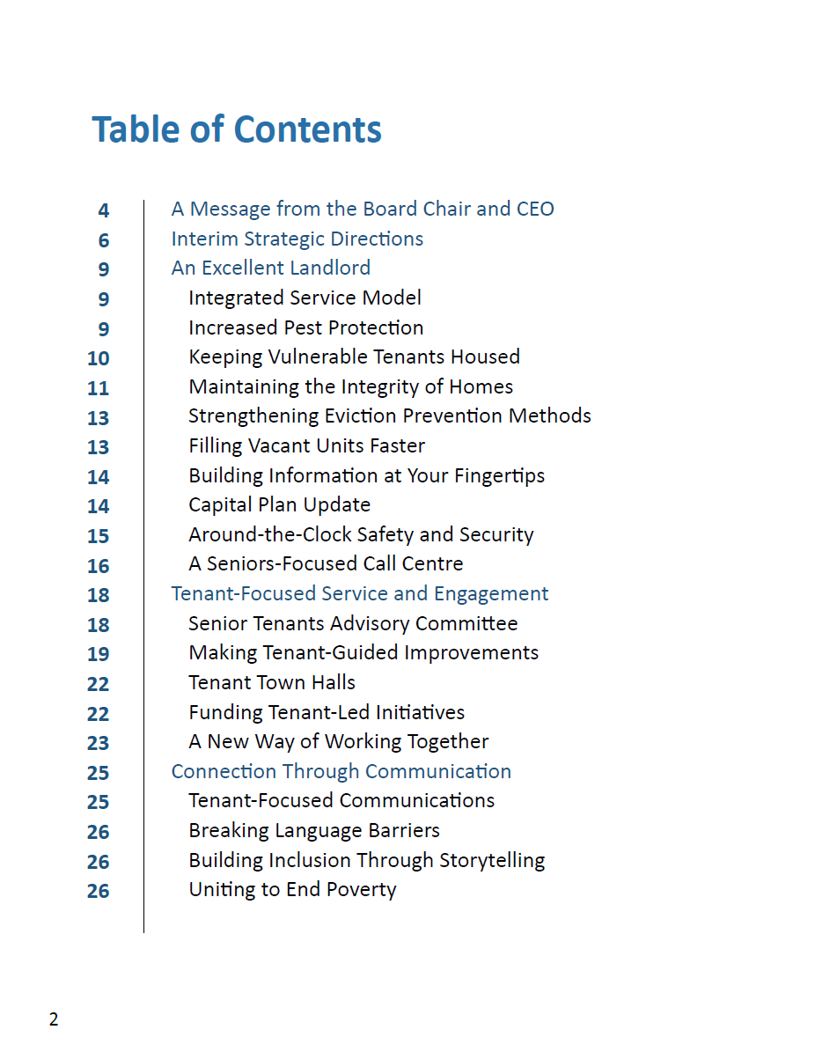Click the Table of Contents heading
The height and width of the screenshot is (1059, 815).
point(237,129)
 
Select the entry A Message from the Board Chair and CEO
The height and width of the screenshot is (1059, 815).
point(363,210)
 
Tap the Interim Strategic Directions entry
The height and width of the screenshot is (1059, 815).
point(297,239)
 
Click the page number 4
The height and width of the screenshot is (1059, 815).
point(104,211)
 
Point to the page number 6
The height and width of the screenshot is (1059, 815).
point(104,240)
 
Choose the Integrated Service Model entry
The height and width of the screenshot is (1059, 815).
point(305,298)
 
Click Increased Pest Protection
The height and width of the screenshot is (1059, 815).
point(305,327)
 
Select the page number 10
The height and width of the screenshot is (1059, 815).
point(99,358)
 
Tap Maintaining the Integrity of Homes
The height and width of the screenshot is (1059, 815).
point(350,386)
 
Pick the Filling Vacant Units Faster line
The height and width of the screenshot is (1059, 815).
point(306,446)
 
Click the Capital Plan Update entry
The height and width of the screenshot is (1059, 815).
point(279,505)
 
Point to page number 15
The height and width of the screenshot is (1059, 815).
point(99,536)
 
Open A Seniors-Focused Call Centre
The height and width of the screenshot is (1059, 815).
point(326,564)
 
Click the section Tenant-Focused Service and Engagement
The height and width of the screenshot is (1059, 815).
point(359,594)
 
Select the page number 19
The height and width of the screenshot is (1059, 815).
point(99,654)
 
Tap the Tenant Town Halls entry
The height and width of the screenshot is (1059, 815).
point(272,683)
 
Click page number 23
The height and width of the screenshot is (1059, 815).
point(99,743)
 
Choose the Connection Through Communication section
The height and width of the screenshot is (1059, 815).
point(341,772)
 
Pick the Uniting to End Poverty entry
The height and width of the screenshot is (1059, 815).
point(292,890)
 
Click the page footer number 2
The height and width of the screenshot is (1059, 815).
point(54,1020)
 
